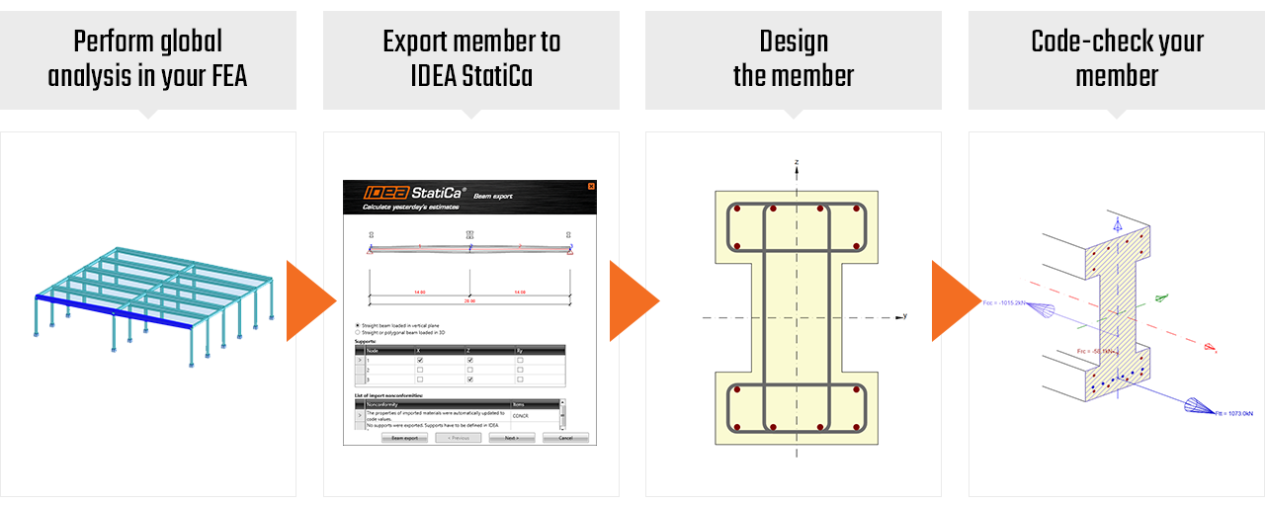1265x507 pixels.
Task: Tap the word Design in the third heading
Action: [x=793, y=42]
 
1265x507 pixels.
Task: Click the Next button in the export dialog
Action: [x=511, y=437]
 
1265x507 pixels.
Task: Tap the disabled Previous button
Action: [x=458, y=437]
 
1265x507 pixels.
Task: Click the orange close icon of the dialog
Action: [x=591, y=186]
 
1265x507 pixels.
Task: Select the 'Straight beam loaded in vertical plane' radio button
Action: [x=358, y=325]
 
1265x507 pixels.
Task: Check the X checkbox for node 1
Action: [x=420, y=361]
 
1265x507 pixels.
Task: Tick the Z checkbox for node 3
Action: [x=469, y=380]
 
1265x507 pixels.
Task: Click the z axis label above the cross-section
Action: [x=797, y=161]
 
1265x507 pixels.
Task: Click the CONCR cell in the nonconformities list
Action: [x=521, y=415]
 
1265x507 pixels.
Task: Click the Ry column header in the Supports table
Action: [x=519, y=351]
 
